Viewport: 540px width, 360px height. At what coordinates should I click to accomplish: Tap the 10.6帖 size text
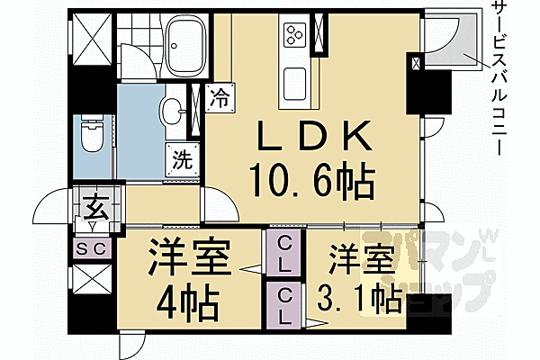tap(312, 181)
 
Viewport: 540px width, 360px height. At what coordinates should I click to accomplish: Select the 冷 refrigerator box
tap(220, 97)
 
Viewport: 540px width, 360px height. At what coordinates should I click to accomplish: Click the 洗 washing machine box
tap(182, 159)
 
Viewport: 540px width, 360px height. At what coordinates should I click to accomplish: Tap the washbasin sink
tap(172, 111)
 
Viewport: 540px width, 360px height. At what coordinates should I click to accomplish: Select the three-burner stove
tap(295, 34)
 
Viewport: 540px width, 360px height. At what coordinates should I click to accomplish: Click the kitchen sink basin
tap(295, 83)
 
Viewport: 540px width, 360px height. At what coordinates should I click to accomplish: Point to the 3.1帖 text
tap(359, 298)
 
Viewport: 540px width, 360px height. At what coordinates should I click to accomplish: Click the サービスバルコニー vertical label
tap(499, 76)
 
